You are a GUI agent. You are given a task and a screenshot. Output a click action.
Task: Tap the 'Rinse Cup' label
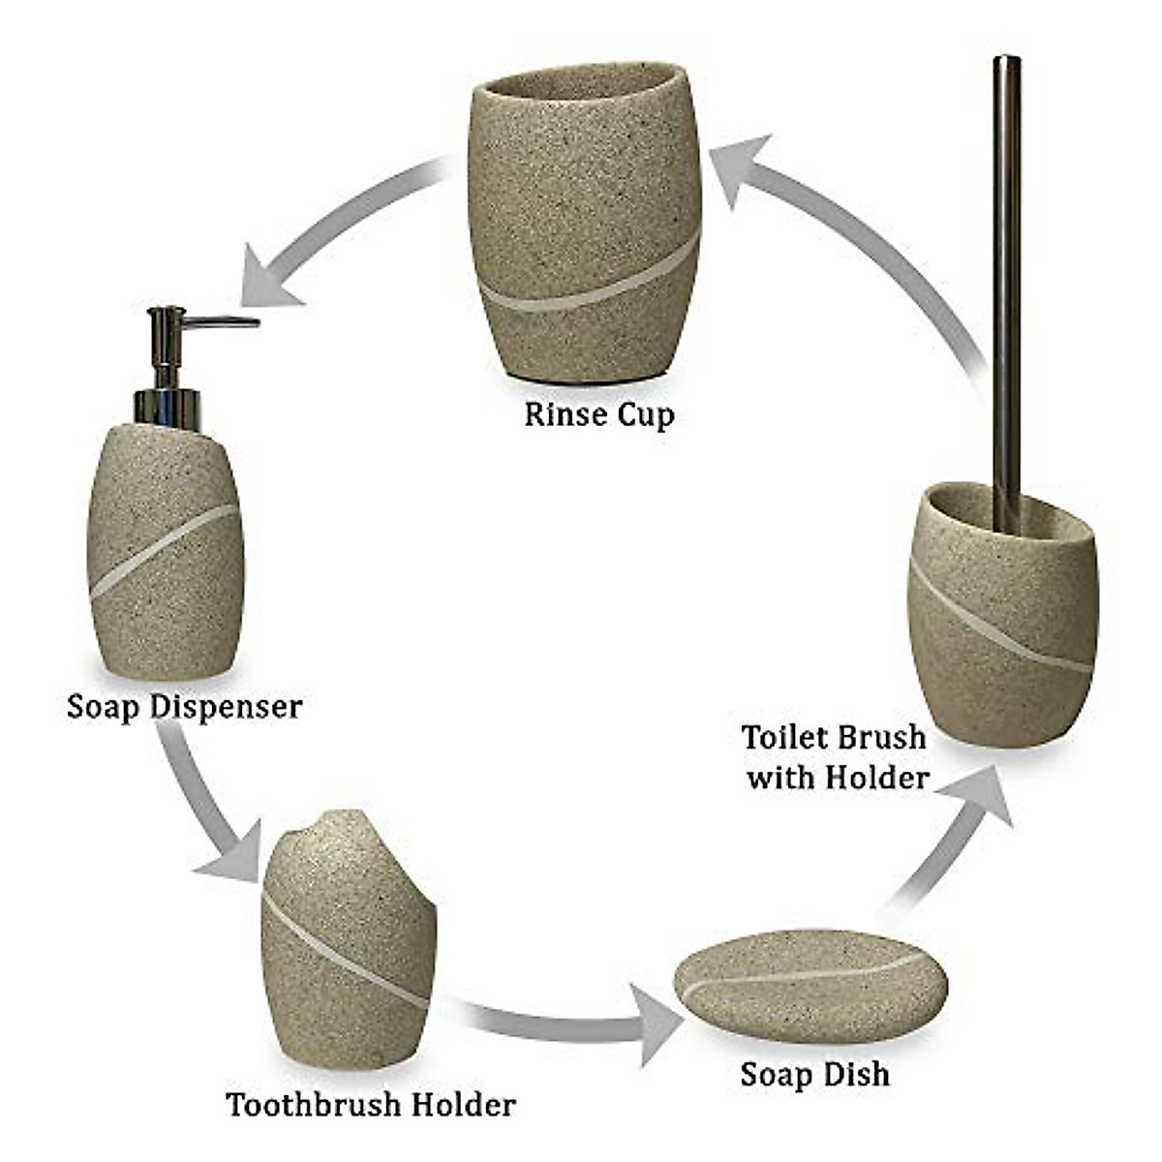point(598,415)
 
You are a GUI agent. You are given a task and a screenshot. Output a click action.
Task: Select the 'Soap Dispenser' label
point(184,706)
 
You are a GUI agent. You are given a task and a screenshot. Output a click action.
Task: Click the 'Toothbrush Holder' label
point(371,1104)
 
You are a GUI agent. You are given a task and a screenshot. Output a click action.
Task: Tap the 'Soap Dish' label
point(814,1074)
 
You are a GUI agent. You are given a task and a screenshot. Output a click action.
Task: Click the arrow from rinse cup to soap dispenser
point(329,232)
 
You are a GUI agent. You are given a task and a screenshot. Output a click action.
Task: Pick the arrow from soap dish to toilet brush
point(949,842)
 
